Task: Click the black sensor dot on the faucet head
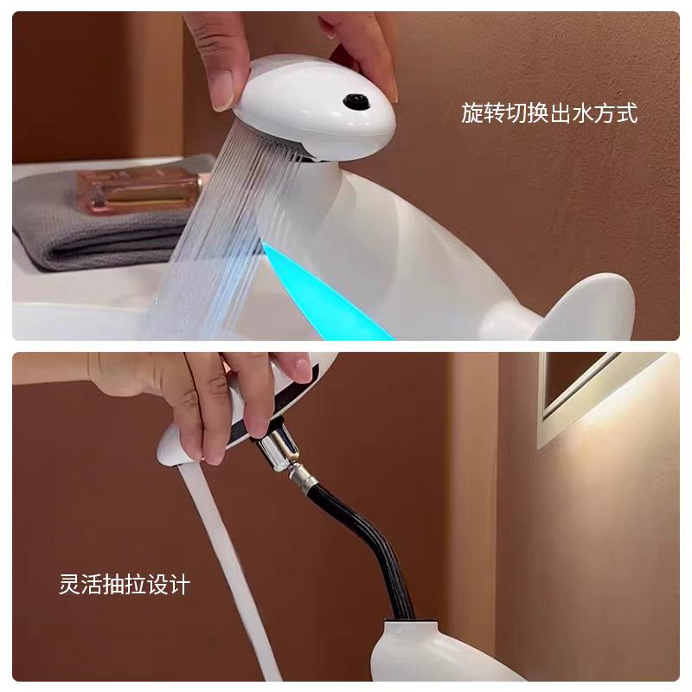click(356, 101)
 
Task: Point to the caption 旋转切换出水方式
click(549, 113)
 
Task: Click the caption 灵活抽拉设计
click(125, 585)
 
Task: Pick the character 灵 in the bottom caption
click(70, 585)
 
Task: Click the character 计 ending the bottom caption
click(181, 585)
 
